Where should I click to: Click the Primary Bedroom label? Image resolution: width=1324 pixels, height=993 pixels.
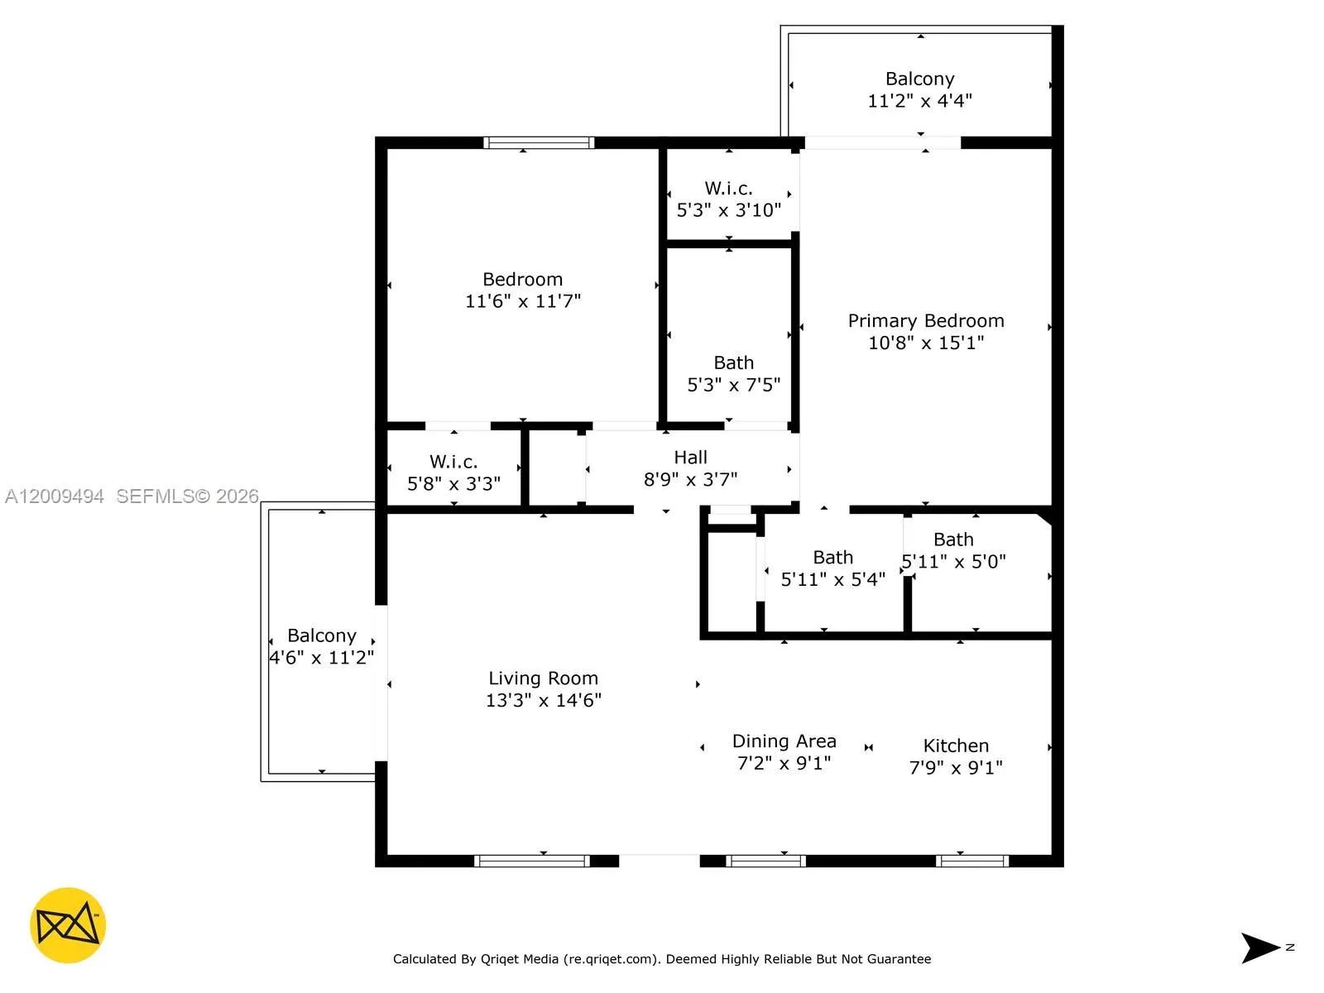point(925,321)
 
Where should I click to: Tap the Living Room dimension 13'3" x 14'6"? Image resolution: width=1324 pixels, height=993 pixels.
point(543,701)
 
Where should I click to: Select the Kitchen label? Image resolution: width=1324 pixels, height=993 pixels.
point(956,746)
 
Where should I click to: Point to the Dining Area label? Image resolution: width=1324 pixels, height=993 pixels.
point(784,741)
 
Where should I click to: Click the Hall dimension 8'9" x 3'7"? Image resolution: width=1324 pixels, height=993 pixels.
point(690,480)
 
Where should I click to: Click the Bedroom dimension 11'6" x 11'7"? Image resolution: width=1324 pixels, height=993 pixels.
point(522,302)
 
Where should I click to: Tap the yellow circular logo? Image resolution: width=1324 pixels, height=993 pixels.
point(68,925)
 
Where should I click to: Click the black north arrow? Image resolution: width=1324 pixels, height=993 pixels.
point(1260,947)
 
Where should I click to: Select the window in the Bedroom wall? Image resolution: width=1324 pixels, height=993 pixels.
point(539,143)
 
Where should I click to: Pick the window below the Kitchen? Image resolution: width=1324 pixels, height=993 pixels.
point(972,861)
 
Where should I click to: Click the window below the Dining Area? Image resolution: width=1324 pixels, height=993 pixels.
point(765,861)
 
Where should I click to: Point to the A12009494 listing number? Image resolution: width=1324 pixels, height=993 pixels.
point(55,496)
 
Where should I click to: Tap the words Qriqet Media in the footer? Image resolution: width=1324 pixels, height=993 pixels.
point(520,959)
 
